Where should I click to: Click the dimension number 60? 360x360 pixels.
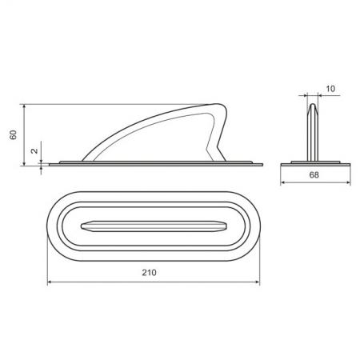pos(13,134)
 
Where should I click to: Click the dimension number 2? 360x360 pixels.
pos(34,150)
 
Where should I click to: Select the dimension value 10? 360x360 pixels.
pos(330,89)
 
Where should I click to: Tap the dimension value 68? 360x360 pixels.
pos(314,175)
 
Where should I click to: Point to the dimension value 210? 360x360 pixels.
pos(149,273)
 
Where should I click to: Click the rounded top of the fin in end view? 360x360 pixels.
pos(313,105)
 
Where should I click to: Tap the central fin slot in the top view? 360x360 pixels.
pos(154,226)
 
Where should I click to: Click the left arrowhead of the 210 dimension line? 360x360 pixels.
pos(50,282)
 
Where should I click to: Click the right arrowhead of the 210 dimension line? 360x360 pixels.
pos(258,282)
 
